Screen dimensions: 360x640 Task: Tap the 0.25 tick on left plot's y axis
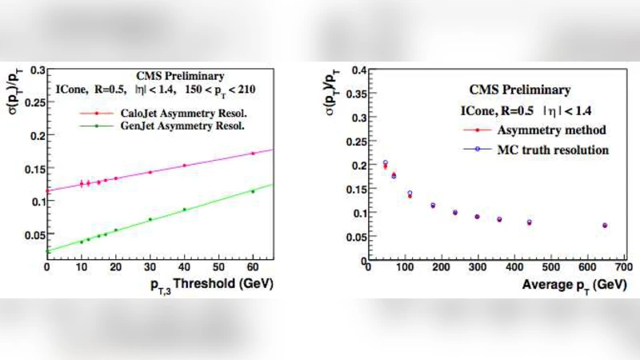tap(34, 105)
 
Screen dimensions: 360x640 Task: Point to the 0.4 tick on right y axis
tap(354, 71)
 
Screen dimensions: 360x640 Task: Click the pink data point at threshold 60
tap(253, 154)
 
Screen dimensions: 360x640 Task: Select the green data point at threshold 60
tap(253, 191)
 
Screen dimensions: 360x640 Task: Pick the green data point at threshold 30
tap(150, 219)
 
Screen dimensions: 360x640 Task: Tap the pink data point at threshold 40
tap(184, 166)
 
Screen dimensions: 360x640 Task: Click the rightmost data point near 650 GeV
tap(605, 226)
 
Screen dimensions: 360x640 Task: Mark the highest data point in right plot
tap(385, 163)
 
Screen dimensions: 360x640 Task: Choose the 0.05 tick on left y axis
tap(34, 234)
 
